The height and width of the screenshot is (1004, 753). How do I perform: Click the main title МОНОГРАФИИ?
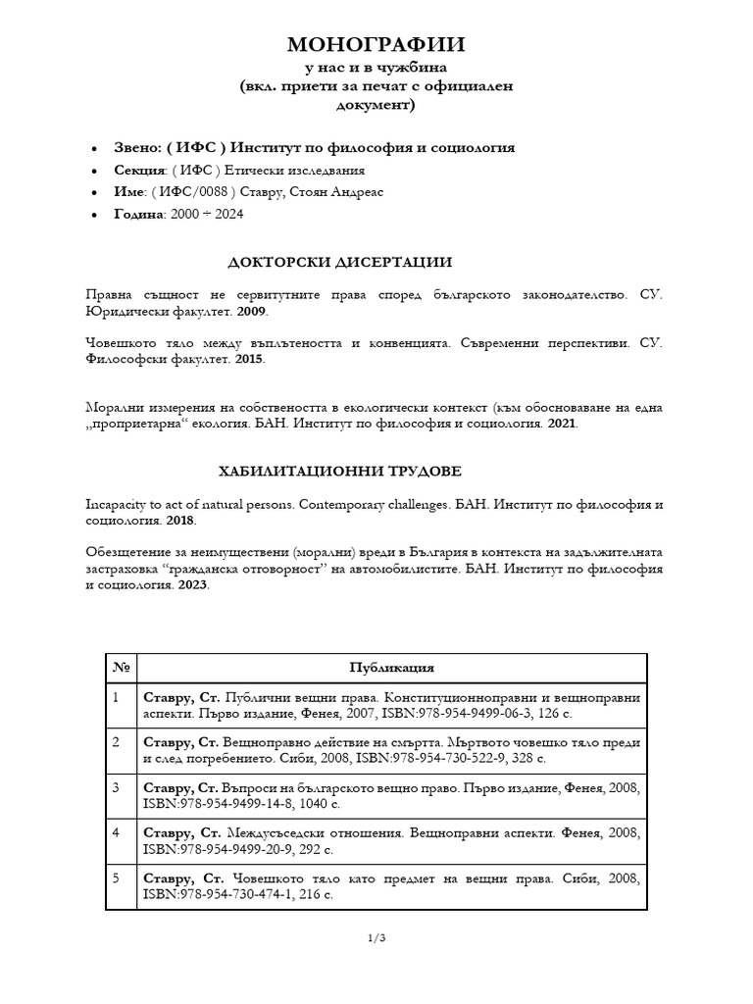point(376,44)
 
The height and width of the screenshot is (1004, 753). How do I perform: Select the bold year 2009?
point(250,311)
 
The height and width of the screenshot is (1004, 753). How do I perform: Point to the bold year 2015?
point(249,360)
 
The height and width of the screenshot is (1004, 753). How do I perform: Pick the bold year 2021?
point(561,425)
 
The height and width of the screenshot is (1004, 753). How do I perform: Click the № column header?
point(122,668)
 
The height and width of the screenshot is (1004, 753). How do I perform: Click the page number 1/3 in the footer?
point(376,938)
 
